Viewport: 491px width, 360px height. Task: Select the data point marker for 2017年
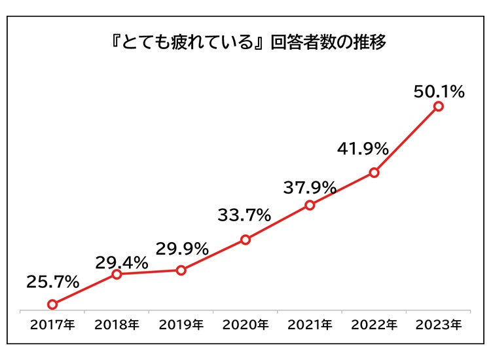point(52,304)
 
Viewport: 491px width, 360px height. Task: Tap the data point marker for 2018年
point(117,274)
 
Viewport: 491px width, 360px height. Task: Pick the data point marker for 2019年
point(181,270)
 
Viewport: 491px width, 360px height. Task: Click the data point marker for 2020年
point(245,240)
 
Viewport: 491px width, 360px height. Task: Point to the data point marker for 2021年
point(310,205)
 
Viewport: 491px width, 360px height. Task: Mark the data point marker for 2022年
point(374,173)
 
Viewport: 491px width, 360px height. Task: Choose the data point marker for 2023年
point(439,106)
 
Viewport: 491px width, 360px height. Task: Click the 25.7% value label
point(53,282)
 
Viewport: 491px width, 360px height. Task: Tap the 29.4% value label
point(122,263)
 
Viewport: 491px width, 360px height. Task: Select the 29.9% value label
point(182,249)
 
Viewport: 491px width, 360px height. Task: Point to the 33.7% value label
point(245,215)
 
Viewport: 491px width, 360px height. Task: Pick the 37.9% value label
point(310,189)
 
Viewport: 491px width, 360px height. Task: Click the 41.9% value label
point(363,148)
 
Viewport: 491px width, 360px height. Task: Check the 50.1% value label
point(439,92)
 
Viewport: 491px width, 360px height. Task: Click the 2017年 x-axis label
point(52,324)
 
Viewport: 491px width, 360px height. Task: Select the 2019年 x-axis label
point(181,324)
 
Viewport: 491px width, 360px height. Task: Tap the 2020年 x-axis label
point(245,324)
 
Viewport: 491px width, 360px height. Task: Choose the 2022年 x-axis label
point(374,324)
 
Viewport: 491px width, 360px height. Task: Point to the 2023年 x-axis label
point(439,324)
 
